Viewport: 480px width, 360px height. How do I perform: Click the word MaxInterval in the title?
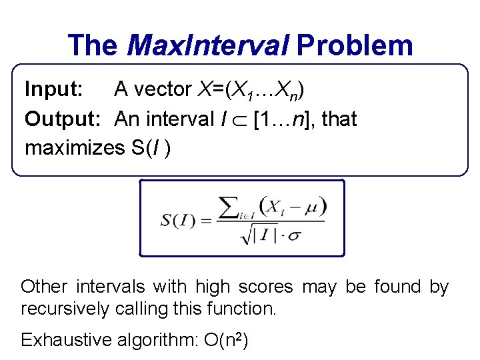207,45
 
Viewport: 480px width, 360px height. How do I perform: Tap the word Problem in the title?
355,45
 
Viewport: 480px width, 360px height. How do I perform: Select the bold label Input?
54,88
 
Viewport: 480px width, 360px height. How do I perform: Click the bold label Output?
63,119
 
